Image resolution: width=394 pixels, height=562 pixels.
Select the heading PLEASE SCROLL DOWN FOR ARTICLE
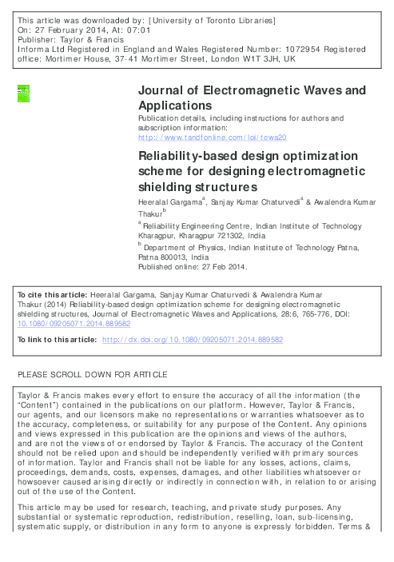point(92,374)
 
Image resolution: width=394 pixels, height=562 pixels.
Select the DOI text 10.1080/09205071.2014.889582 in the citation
point(70,325)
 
